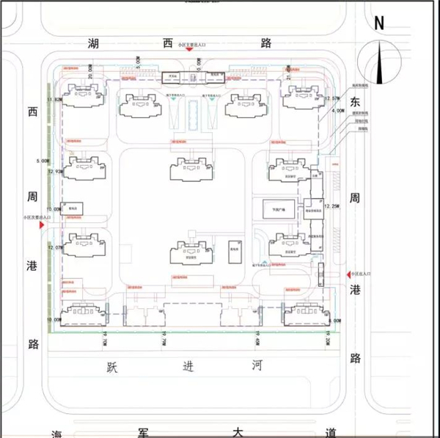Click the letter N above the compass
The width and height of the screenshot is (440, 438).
point(379,22)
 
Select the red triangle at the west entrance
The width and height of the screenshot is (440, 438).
point(43,227)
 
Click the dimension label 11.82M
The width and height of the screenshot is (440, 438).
point(54,100)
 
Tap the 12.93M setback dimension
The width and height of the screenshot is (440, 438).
point(54,172)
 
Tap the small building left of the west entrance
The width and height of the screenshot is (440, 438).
point(73,208)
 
